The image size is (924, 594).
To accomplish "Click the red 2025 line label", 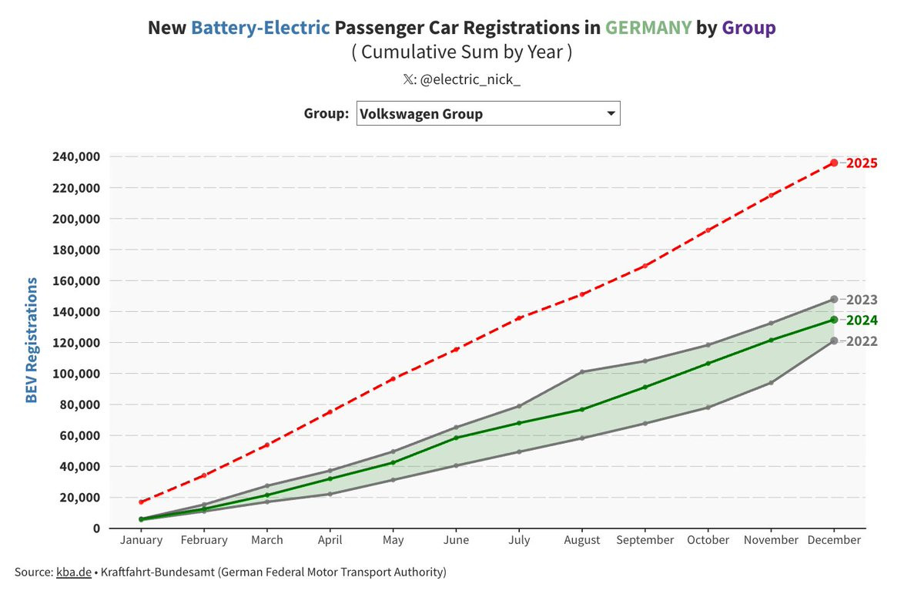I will click(862, 163).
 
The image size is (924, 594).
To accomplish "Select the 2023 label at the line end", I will click(862, 300).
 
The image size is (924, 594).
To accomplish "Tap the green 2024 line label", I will click(862, 320).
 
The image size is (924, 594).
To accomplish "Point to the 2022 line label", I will click(862, 341).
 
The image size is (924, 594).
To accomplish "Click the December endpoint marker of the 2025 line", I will click(834, 163).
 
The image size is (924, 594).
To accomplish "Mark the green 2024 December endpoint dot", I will click(834, 320).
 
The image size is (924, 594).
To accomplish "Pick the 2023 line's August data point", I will click(582, 371).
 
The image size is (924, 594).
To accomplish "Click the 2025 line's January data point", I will click(141, 502).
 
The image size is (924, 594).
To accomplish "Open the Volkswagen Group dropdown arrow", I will click(611, 114).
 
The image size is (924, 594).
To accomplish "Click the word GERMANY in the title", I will click(648, 29).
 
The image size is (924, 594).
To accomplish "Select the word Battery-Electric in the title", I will click(261, 29).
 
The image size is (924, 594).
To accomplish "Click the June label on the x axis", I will click(456, 540).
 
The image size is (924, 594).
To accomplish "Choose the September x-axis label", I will click(645, 540).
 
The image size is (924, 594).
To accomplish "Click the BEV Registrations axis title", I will click(32, 340).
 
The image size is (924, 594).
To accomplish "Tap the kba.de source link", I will click(72, 572).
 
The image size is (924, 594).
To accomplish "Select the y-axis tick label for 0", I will click(95, 529).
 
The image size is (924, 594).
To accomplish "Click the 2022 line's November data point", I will click(771, 382).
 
